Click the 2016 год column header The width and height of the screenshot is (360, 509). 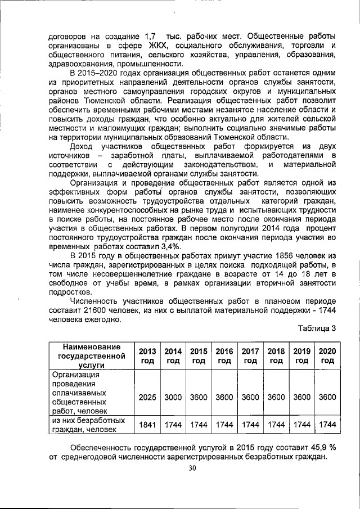224,355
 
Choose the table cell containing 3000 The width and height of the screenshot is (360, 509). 173,397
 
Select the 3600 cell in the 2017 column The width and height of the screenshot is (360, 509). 250,397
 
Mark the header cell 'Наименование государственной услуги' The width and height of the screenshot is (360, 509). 91,355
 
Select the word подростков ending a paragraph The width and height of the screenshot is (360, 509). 69,292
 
